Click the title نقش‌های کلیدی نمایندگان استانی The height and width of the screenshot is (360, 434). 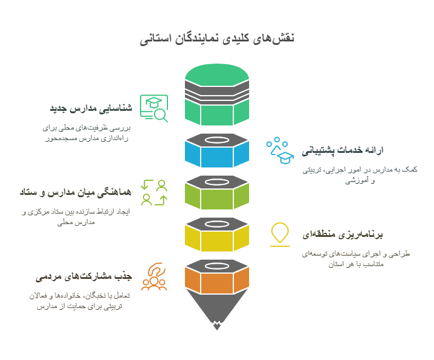pyautogui.click(x=217, y=38)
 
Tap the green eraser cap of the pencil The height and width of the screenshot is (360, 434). pyautogui.click(x=217, y=75)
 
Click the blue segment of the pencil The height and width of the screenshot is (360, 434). pyautogui.click(x=217, y=154)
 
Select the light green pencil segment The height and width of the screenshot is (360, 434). pyautogui.click(x=217, y=196)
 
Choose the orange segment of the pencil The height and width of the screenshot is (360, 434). pyautogui.click(x=217, y=280)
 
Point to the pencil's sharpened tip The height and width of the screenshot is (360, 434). pyautogui.click(x=217, y=326)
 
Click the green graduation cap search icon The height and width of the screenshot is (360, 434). pyautogui.click(x=154, y=109)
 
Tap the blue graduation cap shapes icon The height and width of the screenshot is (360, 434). pyautogui.click(x=280, y=151)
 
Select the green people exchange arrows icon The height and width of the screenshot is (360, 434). pyautogui.click(x=154, y=193)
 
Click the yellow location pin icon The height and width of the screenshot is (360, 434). pyautogui.click(x=280, y=235)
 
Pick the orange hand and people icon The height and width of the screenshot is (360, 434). pyautogui.click(x=154, y=277)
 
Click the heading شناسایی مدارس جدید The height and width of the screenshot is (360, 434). pyautogui.click(x=91, y=108)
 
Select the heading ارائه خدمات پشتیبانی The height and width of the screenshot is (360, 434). pyautogui.click(x=342, y=150)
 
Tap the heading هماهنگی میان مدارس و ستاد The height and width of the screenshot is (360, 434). pyautogui.click(x=76, y=192)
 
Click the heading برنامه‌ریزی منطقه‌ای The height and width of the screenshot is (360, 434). pyautogui.click(x=342, y=235)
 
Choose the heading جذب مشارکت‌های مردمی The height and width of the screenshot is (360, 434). pyautogui.click(x=84, y=277)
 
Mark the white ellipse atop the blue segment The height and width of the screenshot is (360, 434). pyautogui.click(x=217, y=140)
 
